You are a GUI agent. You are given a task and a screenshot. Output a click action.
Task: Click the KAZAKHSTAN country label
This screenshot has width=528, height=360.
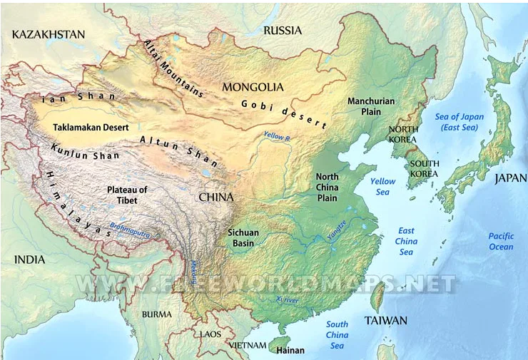(49, 34)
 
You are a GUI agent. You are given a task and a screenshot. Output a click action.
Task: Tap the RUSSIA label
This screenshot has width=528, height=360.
(283, 31)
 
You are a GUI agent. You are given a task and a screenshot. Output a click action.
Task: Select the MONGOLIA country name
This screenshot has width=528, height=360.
(253, 88)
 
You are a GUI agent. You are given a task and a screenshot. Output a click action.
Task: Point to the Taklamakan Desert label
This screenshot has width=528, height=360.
(91, 128)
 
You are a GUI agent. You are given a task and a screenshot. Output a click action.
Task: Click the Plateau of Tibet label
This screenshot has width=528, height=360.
(127, 195)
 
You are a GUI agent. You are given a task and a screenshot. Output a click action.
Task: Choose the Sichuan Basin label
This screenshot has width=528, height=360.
(243, 238)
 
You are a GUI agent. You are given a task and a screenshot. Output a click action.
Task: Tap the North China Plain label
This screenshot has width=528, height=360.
(327, 187)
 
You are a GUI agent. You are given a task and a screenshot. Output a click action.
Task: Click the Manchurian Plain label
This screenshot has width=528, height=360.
(371, 106)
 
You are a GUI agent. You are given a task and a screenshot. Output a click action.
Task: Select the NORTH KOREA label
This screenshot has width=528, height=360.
(402, 135)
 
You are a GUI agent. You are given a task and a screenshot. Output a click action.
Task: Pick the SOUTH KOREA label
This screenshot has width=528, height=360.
(424, 168)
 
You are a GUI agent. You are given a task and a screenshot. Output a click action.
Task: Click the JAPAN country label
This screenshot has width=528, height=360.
(510, 179)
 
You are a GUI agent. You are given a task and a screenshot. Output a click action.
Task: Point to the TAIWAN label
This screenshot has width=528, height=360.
(385, 320)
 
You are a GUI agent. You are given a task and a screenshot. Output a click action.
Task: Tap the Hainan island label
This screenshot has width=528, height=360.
(290, 350)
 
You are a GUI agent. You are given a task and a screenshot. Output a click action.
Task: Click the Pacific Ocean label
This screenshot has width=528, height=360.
(500, 242)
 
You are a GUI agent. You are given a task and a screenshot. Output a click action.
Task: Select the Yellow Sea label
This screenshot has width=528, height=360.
(382, 187)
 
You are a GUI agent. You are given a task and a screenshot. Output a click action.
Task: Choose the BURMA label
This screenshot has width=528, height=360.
(156, 314)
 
